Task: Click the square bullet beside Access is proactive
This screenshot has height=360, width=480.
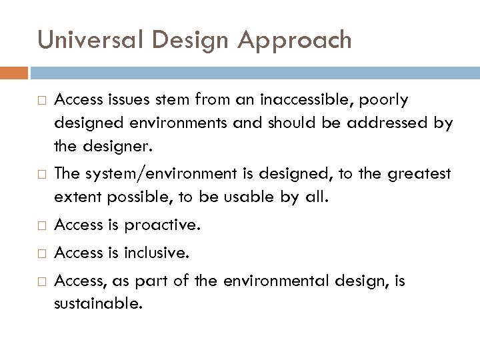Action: [42, 225]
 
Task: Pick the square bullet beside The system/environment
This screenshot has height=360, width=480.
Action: [42, 175]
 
